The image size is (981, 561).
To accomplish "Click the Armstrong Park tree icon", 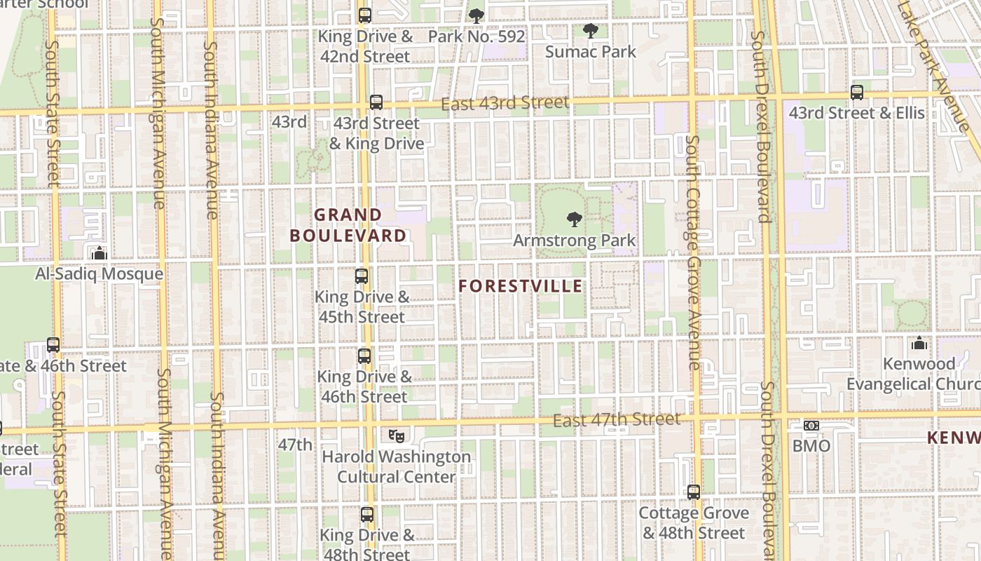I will point(575,219).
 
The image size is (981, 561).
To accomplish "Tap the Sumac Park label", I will point(590,51).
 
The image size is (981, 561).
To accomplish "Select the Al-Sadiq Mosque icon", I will point(100,253).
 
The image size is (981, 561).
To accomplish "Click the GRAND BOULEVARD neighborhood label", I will point(348,225).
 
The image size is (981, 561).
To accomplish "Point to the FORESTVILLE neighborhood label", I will point(521,286).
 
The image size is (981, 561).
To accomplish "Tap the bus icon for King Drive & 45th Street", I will point(362,276).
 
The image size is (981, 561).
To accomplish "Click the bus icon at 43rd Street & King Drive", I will point(376,102).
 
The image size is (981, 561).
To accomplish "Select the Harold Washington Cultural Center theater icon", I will point(397,435).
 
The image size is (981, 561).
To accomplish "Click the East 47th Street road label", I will point(616,419).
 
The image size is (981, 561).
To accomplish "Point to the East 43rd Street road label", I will point(505,103).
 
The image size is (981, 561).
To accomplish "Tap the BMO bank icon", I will point(811,426).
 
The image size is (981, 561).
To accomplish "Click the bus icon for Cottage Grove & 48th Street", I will point(694,492).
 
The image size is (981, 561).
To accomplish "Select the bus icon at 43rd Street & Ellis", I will point(856,93).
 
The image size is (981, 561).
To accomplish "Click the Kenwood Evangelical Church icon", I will point(919,343).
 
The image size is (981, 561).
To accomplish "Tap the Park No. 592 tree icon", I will point(476,15).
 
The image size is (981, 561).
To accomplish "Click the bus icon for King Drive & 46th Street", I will point(364,356).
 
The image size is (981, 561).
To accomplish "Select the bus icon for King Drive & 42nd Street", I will point(364,15).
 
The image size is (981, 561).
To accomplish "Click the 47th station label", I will point(295,445).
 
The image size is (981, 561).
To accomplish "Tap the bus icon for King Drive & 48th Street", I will point(367,515).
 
